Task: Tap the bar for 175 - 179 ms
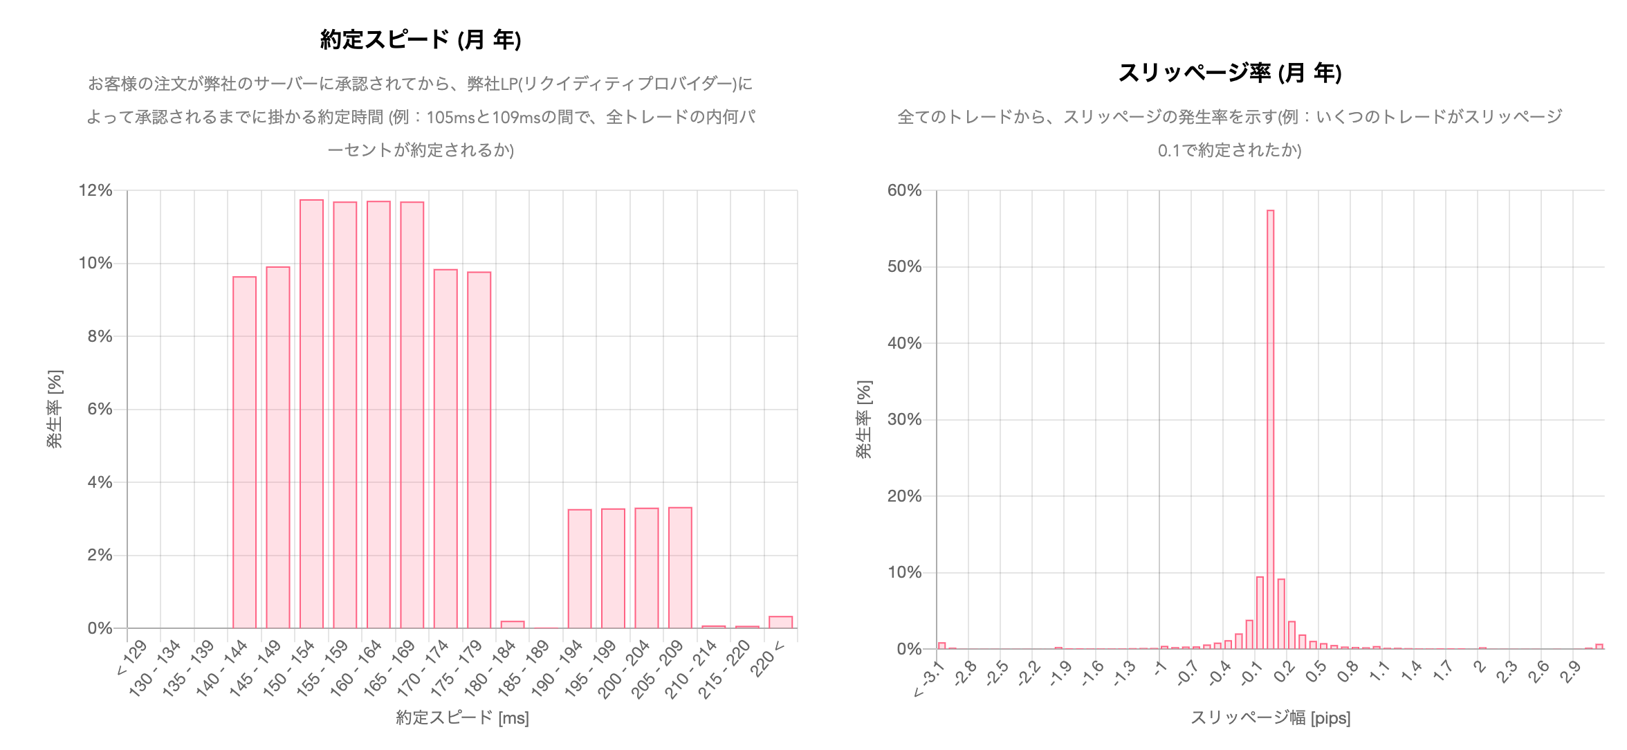pos(479,450)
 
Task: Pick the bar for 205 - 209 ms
pos(680,567)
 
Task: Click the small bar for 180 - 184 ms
pos(513,625)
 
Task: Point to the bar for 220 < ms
pos(780,622)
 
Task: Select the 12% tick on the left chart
pos(95,190)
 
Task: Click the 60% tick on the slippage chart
pos(904,190)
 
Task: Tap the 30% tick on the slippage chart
pos(904,419)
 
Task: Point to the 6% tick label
pos(100,409)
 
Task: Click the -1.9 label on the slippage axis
pos(1060,673)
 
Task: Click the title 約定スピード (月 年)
pos(421,39)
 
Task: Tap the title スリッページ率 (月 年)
pos(1230,73)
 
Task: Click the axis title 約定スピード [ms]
pos(462,717)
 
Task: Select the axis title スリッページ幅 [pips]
pos(1270,717)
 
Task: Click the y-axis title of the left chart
pos(55,409)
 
